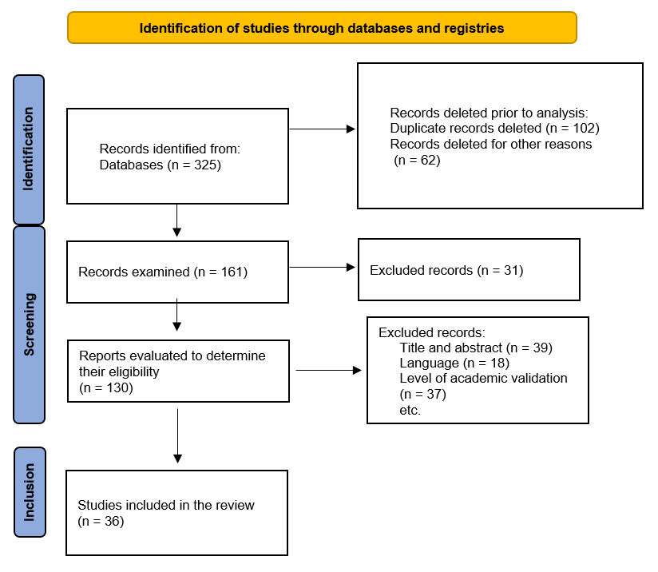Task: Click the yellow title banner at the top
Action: point(322,28)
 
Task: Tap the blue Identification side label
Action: point(29,149)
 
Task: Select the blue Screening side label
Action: point(29,324)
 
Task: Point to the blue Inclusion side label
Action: point(30,492)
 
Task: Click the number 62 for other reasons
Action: point(428,160)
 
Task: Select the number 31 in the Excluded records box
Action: point(511,270)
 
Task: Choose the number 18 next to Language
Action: point(497,363)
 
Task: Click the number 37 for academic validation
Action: point(434,394)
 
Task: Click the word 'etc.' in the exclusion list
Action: point(410,410)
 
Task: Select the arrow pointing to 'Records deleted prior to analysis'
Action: point(323,129)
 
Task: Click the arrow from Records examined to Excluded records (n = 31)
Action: point(323,267)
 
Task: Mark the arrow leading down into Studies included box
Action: point(177,436)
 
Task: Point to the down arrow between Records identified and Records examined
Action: point(177,220)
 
